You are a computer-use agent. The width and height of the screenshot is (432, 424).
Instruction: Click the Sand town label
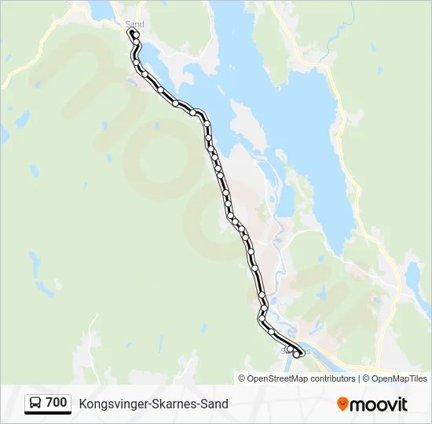point(134,24)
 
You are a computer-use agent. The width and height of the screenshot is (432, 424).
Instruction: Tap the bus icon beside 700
point(36,403)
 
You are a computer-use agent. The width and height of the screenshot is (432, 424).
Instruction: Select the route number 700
point(57,403)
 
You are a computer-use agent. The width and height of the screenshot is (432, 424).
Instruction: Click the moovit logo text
point(379,404)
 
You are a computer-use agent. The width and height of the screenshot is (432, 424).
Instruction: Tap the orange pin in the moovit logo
point(342,404)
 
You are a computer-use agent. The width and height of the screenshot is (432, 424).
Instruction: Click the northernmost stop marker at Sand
point(136,35)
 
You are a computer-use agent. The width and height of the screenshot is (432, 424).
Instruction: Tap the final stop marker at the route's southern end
point(296,354)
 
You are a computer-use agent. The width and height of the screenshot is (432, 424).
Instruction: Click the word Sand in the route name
point(214,404)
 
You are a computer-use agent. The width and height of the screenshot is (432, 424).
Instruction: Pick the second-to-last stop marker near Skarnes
point(290,349)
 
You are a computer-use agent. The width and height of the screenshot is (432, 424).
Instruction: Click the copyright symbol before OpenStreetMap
point(242,378)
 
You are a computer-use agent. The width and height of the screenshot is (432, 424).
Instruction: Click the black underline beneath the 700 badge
point(47,413)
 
